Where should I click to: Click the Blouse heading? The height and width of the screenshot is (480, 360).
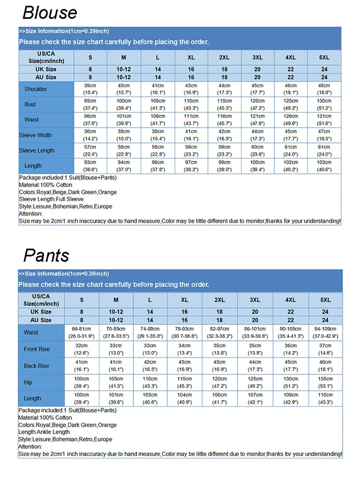point(49,12)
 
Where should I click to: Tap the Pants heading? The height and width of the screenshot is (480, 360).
point(46,255)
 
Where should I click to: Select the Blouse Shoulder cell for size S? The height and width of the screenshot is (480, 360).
point(90,89)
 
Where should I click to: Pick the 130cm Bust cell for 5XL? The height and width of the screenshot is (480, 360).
point(324,104)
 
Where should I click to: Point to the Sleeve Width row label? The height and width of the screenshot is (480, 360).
point(36,135)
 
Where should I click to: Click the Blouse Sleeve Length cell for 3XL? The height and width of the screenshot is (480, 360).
point(257,150)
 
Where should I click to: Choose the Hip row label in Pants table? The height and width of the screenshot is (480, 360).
point(28,383)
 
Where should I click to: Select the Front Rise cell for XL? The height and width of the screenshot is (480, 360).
point(184,349)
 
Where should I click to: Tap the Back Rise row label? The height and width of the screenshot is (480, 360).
point(36,366)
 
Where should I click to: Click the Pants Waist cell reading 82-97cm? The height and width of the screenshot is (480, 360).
point(219,333)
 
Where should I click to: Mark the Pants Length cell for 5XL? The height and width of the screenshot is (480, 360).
point(325,398)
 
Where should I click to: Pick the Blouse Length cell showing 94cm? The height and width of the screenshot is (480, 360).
point(123,166)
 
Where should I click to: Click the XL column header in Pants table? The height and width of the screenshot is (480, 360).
point(184,300)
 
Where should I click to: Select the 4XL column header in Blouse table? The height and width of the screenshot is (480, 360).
point(290,58)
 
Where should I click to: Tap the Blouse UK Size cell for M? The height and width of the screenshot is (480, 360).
point(123,70)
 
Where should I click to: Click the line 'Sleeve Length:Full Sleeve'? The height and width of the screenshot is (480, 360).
point(51,199)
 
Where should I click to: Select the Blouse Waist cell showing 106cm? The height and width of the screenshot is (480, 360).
point(157,120)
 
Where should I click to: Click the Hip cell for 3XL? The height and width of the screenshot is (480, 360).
point(255,383)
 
